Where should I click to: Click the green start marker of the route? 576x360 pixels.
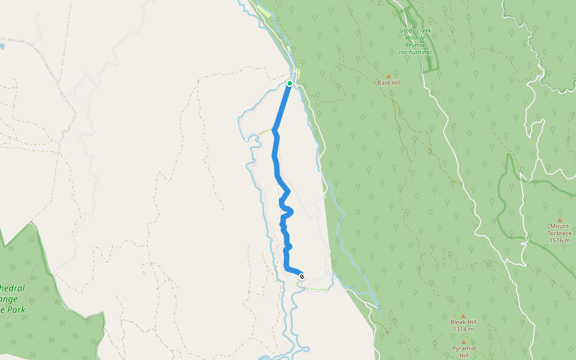[290, 83]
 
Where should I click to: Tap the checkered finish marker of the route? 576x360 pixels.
[302, 276]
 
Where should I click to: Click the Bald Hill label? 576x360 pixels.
[388, 83]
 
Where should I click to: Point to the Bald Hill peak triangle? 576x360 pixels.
[388, 76]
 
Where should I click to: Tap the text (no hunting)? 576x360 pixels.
[415, 52]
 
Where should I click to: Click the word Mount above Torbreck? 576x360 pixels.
[559, 226]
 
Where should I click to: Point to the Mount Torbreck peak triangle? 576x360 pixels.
[559, 220]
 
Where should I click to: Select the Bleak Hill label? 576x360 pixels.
[463, 322]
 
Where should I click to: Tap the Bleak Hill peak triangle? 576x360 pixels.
[463, 316]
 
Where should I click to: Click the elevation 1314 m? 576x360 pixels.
[463, 329]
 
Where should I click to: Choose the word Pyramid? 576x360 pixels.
[464, 348]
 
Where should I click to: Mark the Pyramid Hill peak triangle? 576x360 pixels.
[464, 341]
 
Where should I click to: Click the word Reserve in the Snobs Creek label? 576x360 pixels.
[415, 45]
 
